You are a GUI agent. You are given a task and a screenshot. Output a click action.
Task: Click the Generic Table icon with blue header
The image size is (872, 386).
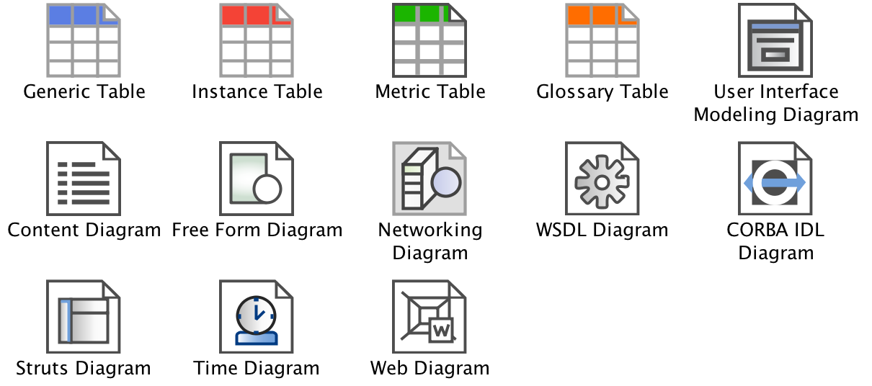pos(84,40)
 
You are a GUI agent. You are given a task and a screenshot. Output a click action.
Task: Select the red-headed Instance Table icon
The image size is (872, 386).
pos(257,40)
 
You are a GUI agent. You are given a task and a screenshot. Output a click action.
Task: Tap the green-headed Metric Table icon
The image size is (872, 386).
pos(430,40)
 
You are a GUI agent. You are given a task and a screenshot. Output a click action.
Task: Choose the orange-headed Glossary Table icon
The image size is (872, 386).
pos(602,40)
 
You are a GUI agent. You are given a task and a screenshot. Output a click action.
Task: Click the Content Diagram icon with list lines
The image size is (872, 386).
pos(84,179)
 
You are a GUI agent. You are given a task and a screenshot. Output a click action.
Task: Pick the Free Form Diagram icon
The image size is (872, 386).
pos(257,179)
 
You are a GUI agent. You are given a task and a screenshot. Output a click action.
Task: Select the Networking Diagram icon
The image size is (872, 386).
pos(430,179)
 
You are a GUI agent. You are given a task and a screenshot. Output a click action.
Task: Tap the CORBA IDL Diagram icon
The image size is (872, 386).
pos(775,179)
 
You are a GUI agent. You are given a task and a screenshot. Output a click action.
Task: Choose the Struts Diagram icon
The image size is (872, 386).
pos(84,317)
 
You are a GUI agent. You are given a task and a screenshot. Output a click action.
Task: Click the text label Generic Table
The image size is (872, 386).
pos(84,92)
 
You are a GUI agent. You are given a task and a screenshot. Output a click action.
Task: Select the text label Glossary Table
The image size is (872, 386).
pos(602,92)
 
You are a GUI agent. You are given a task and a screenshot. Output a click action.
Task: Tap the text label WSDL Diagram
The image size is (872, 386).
pos(602,230)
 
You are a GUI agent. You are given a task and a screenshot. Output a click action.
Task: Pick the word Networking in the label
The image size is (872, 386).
pos(430,230)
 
